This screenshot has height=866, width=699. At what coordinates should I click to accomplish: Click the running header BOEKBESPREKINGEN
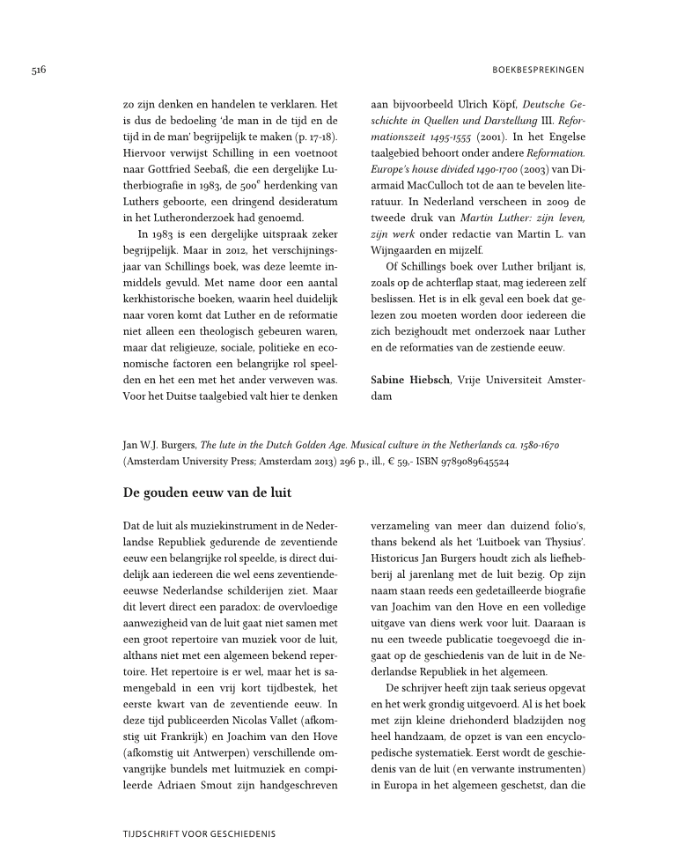pos(536,69)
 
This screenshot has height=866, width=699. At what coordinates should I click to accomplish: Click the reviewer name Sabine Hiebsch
pos(416,379)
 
